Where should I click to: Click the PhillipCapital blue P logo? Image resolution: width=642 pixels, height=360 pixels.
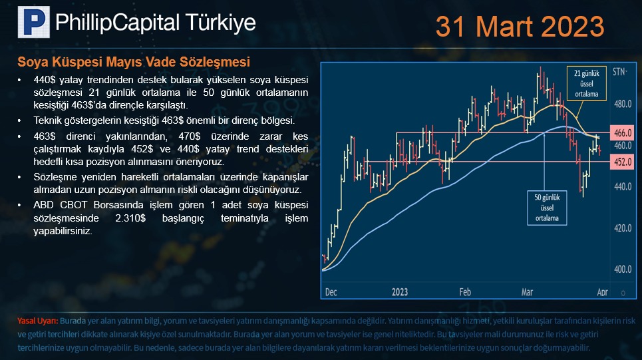tap(33, 22)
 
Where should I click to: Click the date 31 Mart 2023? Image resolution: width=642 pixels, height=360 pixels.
tap(520, 27)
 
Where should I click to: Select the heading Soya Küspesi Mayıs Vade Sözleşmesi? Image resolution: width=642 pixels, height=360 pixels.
tap(134, 62)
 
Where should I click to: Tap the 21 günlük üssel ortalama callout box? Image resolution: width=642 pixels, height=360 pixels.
tap(586, 84)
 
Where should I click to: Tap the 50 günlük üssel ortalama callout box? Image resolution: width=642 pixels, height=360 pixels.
tap(547, 208)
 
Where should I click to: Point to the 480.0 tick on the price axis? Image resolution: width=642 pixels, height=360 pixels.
tap(622, 104)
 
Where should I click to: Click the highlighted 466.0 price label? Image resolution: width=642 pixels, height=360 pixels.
tap(623, 132)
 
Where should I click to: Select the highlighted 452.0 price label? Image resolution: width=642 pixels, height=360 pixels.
tap(623, 162)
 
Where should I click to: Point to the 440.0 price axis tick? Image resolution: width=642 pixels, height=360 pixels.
tap(622, 187)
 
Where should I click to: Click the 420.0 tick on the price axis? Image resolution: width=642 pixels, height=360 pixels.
tap(622, 228)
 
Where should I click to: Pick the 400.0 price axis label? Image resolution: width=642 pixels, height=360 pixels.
tap(622, 270)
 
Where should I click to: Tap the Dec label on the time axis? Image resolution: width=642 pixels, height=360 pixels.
tap(331, 292)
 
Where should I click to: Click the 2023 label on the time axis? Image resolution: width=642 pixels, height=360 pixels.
tap(400, 292)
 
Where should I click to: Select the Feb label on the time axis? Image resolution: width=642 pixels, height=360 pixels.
tap(465, 292)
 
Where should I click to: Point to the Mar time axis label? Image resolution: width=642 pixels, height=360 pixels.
tap(527, 292)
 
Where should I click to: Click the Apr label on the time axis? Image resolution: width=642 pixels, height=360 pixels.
tap(602, 292)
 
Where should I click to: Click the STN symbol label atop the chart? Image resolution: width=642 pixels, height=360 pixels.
tap(619, 72)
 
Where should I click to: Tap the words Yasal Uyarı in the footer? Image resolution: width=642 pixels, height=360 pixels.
tap(38, 321)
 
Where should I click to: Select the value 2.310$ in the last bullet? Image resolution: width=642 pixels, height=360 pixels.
tap(130, 218)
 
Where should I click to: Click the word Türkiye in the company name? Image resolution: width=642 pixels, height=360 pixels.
tap(220, 23)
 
